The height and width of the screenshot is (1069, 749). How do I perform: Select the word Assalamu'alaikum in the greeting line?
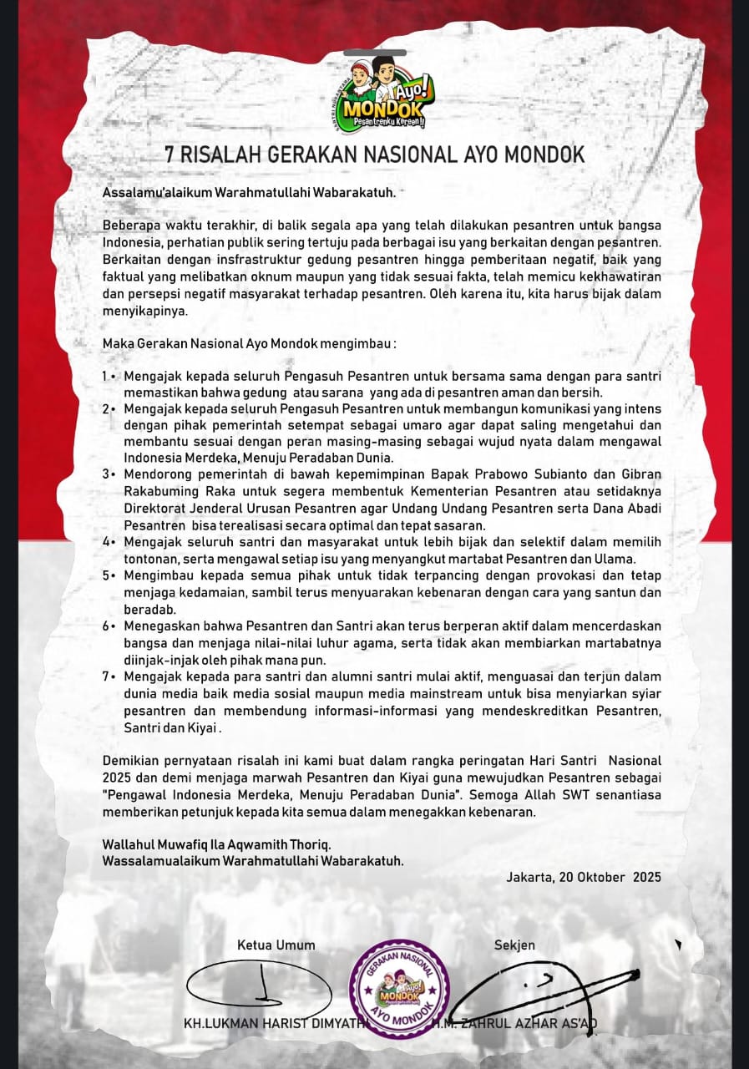[157, 192]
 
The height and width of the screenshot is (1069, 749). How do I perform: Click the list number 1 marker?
[105, 377]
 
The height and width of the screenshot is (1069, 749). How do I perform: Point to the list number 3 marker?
[105, 474]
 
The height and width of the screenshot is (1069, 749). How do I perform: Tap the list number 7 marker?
[105, 676]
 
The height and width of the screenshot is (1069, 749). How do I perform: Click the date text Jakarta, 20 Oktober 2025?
[584, 877]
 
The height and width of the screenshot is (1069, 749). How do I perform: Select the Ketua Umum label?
[276, 945]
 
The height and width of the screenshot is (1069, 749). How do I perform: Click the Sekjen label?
[514, 945]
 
